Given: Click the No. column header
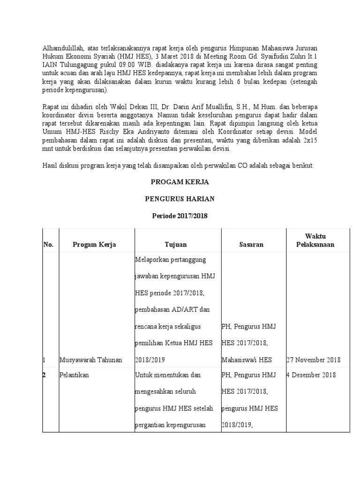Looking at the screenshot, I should pyautogui.click(x=49, y=244).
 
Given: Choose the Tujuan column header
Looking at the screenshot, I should pyautogui.click(x=176, y=244).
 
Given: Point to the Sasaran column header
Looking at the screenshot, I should pyautogui.click(x=250, y=244).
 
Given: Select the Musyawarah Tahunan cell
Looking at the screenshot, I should pyautogui.click(x=90, y=360).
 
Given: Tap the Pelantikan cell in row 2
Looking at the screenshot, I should pyautogui.click(x=74, y=375).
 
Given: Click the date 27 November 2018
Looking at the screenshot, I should pyautogui.click(x=313, y=360).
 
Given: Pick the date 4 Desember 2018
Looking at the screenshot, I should pyautogui.click(x=311, y=375).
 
